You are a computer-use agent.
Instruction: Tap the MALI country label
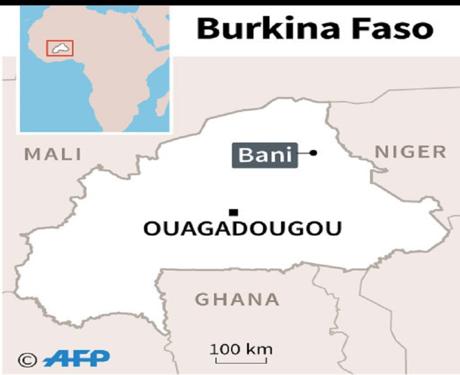52,155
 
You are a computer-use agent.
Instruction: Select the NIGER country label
410,152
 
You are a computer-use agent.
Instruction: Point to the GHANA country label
238,299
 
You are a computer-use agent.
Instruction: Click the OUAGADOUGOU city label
243,228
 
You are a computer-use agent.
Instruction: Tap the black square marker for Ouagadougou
234,212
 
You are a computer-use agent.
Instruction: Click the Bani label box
264,155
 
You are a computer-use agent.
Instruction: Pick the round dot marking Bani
313,153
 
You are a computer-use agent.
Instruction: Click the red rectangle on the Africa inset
59,48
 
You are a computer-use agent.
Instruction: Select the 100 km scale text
241,348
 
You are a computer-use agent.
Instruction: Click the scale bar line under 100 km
241,360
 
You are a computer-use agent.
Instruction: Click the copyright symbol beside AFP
27,359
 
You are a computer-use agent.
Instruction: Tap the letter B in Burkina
207,28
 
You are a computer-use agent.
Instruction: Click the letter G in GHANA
203,299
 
